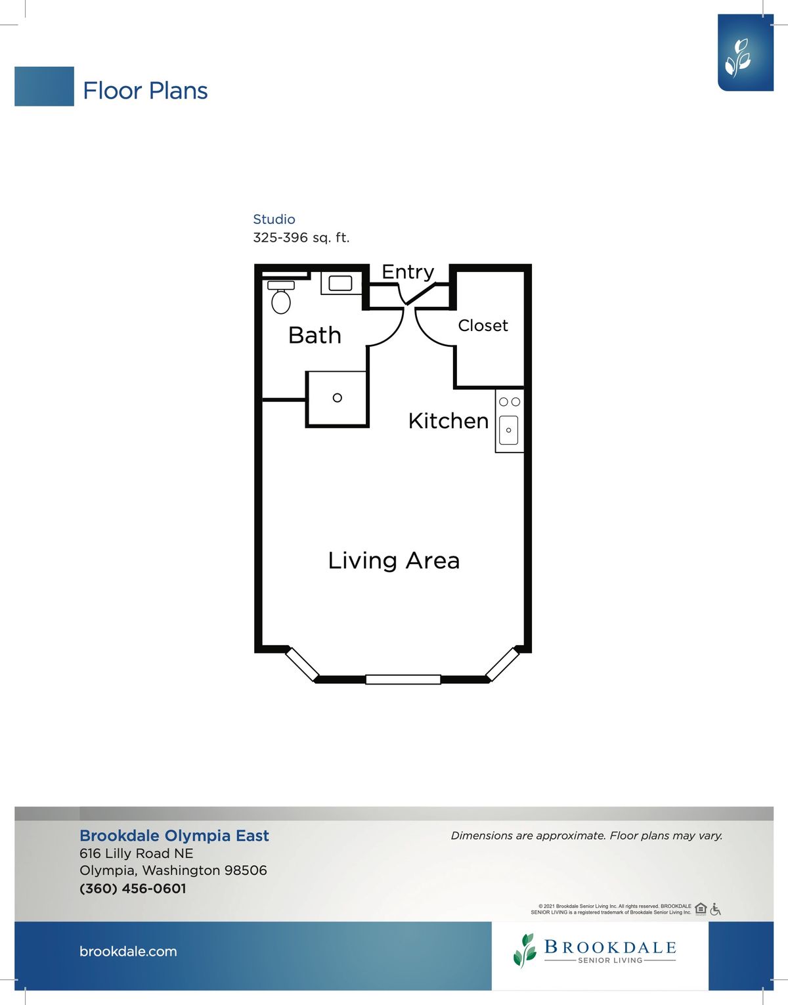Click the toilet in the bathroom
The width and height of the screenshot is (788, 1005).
click(281, 297)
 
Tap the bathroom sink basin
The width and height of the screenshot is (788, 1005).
click(340, 283)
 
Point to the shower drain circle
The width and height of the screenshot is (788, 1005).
click(338, 397)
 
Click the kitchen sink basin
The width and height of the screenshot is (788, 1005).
click(508, 430)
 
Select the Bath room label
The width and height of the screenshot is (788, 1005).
click(315, 335)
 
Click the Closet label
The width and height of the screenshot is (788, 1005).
click(483, 326)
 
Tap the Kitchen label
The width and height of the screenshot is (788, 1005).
click(449, 421)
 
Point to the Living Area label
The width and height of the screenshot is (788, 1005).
click(394, 560)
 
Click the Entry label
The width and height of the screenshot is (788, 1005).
click(408, 272)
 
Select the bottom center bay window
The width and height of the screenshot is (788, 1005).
click(403, 679)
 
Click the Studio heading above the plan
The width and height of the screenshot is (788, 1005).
click(274, 219)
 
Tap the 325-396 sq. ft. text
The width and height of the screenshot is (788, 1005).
click(301, 238)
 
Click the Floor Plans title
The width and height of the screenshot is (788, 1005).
click(146, 91)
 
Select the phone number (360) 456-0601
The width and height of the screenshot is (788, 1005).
click(133, 889)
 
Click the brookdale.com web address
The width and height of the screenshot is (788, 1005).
click(128, 951)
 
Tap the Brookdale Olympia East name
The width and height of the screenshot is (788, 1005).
click(174, 836)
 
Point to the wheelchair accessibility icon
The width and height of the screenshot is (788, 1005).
click(716, 909)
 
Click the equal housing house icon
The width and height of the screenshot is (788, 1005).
click(701, 909)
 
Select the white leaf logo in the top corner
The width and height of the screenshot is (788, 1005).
click(738, 58)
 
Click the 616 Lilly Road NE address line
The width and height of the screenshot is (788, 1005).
click(137, 853)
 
